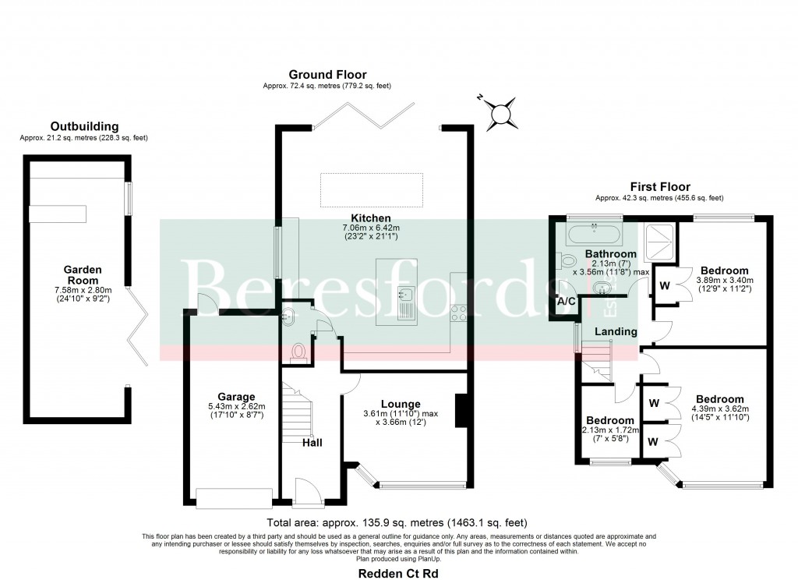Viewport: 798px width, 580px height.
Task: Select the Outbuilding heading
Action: [x=84, y=126]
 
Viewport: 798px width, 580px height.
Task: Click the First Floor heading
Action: [x=659, y=187]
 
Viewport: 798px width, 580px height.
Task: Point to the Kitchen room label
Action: [x=371, y=217]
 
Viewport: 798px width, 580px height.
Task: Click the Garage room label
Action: [x=236, y=397]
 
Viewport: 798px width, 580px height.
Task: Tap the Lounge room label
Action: [x=401, y=403]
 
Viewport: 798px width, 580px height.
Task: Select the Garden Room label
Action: [x=81, y=274]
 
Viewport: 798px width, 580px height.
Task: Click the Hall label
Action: [x=312, y=443]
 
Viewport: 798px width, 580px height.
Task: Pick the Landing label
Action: [x=616, y=332]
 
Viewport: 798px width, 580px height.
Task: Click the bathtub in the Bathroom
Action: [x=595, y=233]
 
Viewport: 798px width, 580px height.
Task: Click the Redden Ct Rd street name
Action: [x=397, y=573]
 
